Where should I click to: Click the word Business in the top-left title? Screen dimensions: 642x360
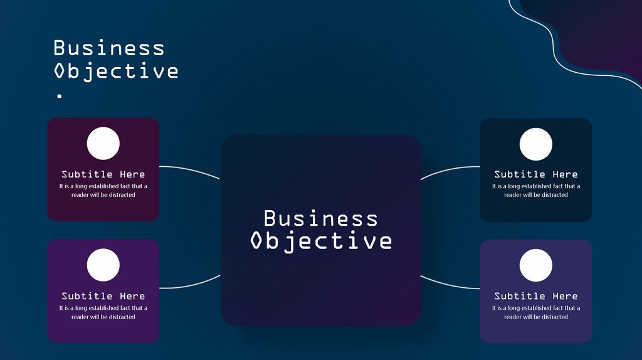(x=108, y=48)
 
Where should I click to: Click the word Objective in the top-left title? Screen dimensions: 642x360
(x=116, y=71)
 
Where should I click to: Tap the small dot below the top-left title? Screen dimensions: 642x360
(x=60, y=96)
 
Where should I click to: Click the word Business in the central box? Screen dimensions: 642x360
(x=320, y=218)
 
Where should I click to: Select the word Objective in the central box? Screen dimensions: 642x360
(x=320, y=241)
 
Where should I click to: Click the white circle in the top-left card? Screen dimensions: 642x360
(x=103, y=144)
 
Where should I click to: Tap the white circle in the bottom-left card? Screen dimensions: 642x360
(x=103, y=265)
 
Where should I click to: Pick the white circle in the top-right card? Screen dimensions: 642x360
(x=536, y=144)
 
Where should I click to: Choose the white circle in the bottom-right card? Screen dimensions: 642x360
(x=536, y=265)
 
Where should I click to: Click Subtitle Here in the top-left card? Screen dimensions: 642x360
(x=103, y=174)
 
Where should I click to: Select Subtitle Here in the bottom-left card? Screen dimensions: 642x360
(x=103, y=296)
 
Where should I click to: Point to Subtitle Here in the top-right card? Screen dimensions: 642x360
(x=536, y=174)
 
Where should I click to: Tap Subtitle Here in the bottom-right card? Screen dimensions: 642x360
(x=536, y=296)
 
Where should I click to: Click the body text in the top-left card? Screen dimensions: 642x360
(x=103, y=191)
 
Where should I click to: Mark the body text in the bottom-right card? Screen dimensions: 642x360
(x=536, y=312)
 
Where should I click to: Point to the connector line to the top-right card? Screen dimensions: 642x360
(x=450, y=169)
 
